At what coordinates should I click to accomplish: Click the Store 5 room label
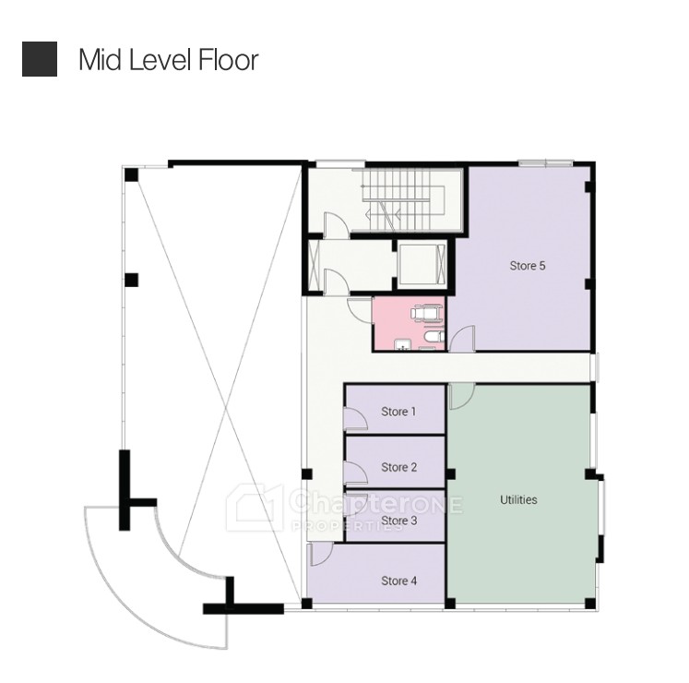pyautogui.click(x=528, y=266)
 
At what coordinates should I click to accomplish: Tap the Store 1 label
pyautogui.click(x=398, y=412)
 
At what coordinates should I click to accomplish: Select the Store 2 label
pyautogui.click(x=399, y=467)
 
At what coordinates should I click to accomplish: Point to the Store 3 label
pyautogui.click(x=399, y=521)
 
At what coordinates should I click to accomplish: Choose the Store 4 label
pyautogui.click(x=399, y=581)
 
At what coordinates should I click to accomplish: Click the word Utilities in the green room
pyautogui.click(x=518, y=499)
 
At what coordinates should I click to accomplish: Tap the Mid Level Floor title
pyautogui.click(x=169, y=59)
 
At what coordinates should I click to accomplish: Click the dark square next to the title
pyautogui.click(x=40, y=59)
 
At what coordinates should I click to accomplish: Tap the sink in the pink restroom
pyautogui.click(x=401, y=345)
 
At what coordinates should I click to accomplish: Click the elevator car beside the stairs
pyautogui.click(x=422, y=264)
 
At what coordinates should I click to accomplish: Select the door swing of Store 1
pyautogui.click(x=355, y=419)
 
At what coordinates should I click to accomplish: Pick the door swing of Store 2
pyautogui.click(x=355, y=473)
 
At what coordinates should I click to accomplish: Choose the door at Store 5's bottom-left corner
pyautogui.click(x=462, y=339)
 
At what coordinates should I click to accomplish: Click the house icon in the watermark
pyautogui.click(x=254, y=507)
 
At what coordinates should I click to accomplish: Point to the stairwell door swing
pyautogui.click(x=336, y=225)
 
